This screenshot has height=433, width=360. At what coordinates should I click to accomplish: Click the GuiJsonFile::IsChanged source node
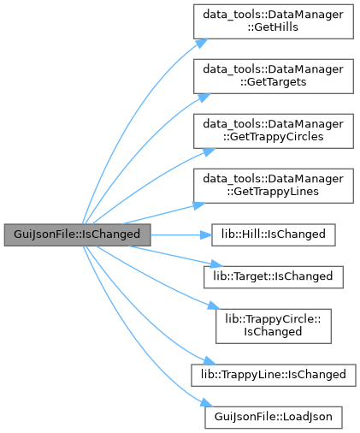point(77,234)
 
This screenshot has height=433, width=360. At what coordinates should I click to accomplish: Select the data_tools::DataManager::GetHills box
point(274,21)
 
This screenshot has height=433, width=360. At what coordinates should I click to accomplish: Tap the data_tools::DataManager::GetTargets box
point(274,76)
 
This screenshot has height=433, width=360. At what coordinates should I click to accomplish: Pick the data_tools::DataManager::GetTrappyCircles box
point(274,131)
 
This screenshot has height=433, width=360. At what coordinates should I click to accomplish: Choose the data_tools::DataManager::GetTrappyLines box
point(274,186)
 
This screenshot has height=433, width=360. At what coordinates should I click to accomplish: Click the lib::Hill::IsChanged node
point(274,234)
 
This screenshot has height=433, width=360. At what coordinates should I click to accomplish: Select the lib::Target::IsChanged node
point(274,277)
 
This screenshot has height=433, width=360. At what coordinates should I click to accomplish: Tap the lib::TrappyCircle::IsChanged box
point(274,326)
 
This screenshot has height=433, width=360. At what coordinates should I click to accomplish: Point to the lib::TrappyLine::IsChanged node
point(274,375)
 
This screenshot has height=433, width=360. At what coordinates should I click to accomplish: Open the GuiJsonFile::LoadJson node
point(274,418)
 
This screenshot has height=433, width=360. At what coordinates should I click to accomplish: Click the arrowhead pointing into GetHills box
point(202,43)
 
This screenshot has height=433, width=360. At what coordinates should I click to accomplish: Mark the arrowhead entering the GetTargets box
point(204,98)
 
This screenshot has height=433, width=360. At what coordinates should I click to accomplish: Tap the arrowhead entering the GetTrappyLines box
point(199,205)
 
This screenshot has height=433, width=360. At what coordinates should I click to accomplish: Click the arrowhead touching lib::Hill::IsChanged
point(206,235)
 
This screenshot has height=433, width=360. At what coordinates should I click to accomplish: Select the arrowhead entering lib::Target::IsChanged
point(215,264)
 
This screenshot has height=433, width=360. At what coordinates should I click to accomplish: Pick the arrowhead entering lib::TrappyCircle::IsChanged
point(214,305)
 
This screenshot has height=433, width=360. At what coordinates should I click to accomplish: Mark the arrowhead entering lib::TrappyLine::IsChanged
point(210,361)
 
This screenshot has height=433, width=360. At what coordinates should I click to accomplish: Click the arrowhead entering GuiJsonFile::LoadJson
point(206,403)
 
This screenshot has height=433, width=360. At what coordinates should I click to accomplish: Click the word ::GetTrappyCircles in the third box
point(274,137)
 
